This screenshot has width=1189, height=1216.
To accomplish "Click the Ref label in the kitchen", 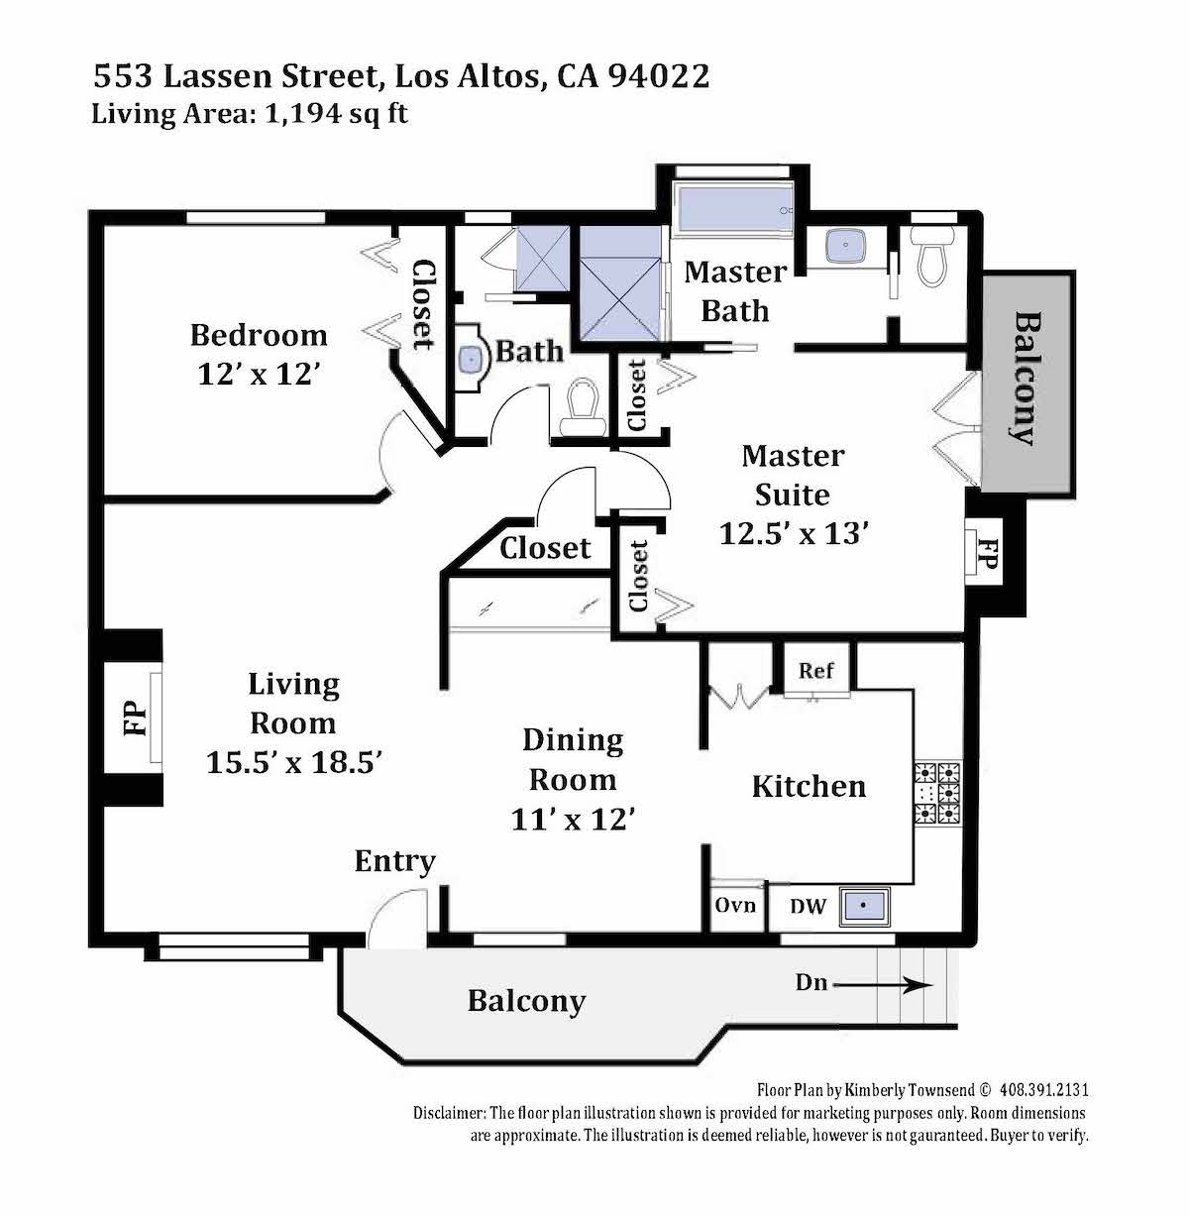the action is (815, 670).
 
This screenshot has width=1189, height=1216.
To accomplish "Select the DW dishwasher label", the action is (808, 906).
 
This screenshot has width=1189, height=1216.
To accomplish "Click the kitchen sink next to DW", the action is (864, 905).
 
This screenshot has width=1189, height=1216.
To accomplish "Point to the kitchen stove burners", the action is (938, 793).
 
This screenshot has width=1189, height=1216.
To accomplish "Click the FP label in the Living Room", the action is (135, 719).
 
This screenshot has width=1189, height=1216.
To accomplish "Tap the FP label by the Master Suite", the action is (987, 553).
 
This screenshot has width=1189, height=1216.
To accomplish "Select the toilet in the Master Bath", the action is (931, 257).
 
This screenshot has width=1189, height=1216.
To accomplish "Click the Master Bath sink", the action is (845, 246).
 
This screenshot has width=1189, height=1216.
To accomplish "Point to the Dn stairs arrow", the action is (883, 985).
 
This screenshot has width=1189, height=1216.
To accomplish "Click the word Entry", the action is (394, 861).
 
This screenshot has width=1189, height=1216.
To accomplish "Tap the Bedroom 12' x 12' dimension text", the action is (259, 375).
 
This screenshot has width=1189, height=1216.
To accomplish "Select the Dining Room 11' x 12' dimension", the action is (573, 820).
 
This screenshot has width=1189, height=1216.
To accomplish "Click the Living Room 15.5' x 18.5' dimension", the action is (293, 762).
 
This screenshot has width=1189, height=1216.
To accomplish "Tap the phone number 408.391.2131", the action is (1044, 1107).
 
